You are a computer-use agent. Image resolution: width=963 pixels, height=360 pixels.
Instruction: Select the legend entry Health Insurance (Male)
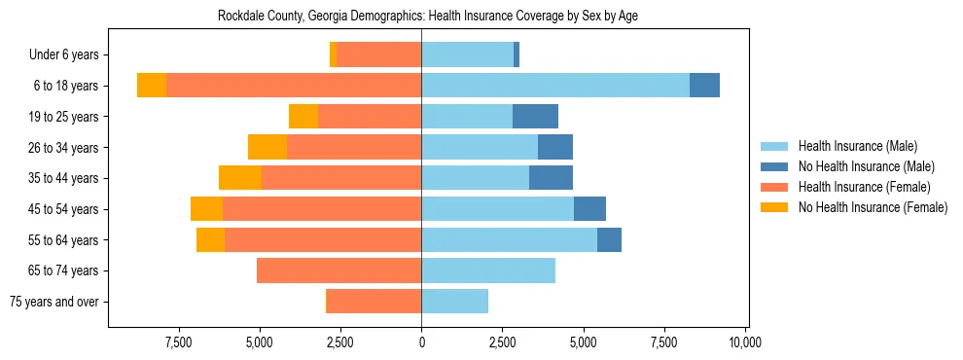click(856, 146)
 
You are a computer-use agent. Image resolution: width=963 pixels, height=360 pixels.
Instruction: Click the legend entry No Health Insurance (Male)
click(866, 166)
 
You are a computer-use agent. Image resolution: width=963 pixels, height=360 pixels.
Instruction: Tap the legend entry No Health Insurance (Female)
click(873, 207)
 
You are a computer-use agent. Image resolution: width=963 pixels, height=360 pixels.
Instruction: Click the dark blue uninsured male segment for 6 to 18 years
click(704, 86)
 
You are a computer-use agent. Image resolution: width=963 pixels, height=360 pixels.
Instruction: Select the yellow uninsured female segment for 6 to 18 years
click(152, 86)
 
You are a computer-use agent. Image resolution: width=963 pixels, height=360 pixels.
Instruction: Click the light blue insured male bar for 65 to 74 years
click(488, 270)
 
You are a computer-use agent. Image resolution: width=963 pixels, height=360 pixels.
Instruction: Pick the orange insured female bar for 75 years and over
click(374, 302)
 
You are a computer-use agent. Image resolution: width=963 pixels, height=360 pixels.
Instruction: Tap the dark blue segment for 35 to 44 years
click(551, 178)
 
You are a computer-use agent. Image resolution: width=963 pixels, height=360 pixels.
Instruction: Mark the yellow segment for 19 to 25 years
click(303, 117)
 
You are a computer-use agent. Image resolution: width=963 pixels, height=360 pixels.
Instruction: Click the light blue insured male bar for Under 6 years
click(467, 55)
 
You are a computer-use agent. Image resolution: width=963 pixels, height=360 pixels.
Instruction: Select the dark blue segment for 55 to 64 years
click(609, 240)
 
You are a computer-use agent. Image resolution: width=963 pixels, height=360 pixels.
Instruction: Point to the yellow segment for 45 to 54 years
click(206, 209)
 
